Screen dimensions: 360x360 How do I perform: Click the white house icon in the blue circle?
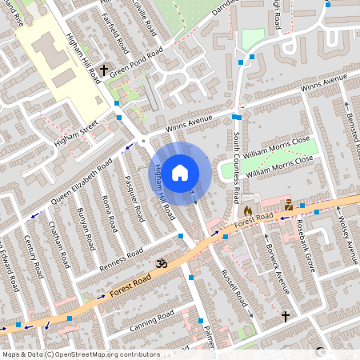[x=180, y=172]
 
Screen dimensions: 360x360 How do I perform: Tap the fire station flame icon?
[x=247, y=210]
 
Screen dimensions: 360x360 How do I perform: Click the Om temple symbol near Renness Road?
[x=158, y=262]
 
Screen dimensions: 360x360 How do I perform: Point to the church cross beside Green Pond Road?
[x=103, y=71]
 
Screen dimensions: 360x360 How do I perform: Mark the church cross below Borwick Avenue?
[x=286, y=317]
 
